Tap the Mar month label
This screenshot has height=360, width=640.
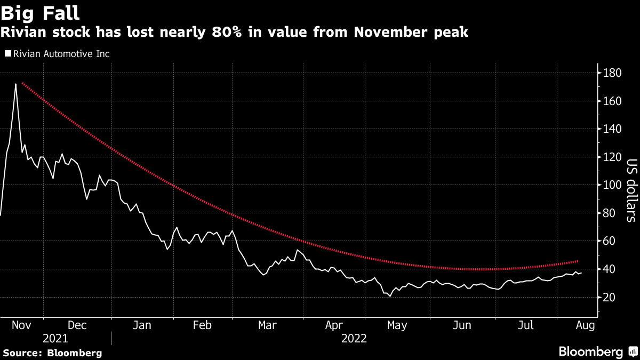[268, 325]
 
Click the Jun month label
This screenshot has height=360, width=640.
[462, 325]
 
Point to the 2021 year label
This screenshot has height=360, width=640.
[55, 338]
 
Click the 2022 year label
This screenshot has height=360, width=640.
[354, 338]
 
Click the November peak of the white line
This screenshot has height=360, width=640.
[15, 84]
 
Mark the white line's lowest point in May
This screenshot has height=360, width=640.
[390, 296]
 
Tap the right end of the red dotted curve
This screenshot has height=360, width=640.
[578, 261]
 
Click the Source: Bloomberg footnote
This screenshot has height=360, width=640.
[52, 353]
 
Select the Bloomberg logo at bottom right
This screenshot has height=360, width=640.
[597, 352]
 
